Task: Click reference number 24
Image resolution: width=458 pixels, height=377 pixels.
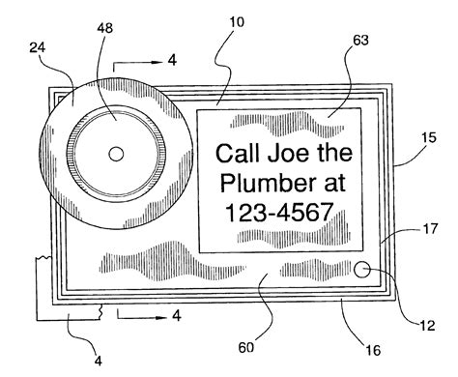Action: tap(38, 47)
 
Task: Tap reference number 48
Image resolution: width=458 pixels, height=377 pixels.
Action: tap(104, 28)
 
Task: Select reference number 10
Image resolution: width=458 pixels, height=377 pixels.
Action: tap(237, 22)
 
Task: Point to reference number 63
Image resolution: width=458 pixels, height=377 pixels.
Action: tap(360, 41)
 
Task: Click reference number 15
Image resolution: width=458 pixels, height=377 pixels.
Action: tap(429, 138)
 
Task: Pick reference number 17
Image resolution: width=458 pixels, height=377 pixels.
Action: tap(430, 229)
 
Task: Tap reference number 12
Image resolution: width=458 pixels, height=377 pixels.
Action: tap(428, 326)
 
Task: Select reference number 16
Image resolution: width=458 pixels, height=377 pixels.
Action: tap(373, 350)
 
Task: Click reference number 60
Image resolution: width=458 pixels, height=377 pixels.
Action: tap(246, 347)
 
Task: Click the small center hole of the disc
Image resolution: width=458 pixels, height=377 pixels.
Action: tap(116, 154)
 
